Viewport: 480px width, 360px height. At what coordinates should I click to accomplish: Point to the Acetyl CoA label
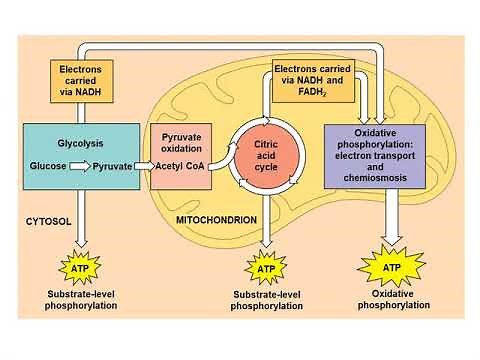(x=183, y=166)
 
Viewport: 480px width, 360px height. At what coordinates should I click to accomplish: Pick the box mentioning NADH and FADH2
(x=313, y=80)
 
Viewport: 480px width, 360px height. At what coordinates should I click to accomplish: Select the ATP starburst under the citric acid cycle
(x=264, y=269)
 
